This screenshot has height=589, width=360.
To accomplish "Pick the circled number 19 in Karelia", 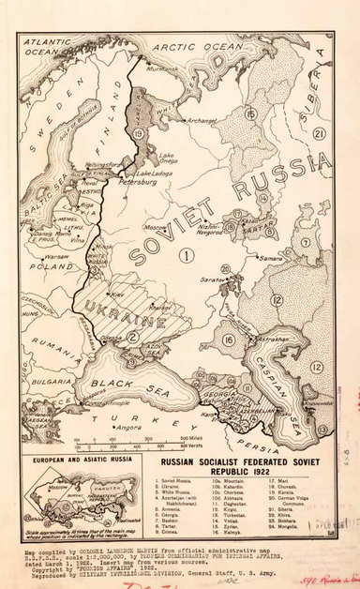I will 139,134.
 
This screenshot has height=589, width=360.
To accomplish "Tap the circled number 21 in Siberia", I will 320,133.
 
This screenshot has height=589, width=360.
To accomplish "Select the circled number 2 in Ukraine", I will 133,335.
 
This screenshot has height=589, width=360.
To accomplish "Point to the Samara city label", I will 272,257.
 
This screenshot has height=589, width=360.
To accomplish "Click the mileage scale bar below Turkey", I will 142,439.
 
